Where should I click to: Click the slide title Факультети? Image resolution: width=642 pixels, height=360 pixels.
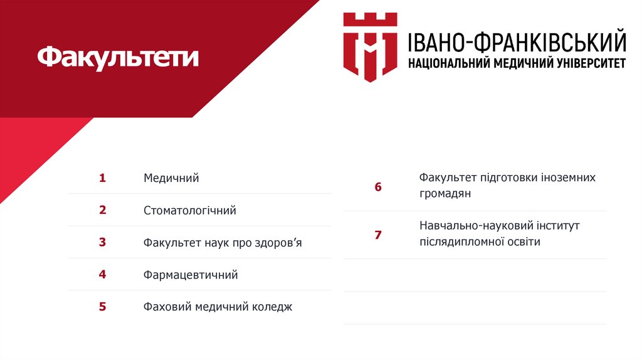118,58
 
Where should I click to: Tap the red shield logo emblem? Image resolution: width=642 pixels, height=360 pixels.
370,46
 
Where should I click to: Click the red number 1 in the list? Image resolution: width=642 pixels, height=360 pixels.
102,178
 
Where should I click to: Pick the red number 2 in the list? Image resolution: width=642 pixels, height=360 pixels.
102,210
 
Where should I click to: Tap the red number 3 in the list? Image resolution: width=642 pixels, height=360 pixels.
102,242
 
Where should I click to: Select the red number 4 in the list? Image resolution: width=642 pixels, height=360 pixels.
102,274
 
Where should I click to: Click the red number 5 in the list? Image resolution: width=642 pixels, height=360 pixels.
102,307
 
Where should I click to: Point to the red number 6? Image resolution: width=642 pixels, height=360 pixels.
378,187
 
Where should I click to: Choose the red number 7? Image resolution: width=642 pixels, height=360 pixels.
378,235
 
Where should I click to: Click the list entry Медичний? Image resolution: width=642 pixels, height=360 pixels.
171,178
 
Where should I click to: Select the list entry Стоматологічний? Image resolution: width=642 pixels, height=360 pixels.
189,211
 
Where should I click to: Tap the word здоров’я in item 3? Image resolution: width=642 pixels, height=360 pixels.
278,243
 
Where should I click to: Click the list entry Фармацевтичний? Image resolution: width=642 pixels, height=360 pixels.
191,275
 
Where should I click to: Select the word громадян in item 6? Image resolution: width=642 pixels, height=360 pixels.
445,194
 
